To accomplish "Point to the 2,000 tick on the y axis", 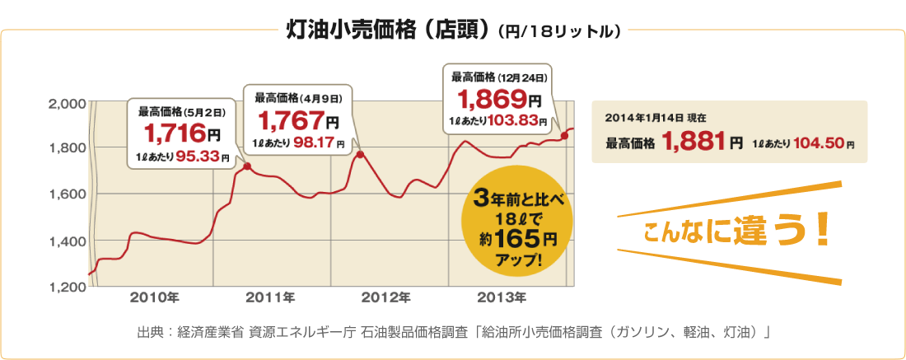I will coord(68,104).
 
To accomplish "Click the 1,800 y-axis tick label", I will coord(68,148).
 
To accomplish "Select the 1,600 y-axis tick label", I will coord(68,194).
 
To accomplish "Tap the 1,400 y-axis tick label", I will coord(68,241).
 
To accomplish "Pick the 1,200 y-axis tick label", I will coord(68,287).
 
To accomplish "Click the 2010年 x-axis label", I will coord(154,297).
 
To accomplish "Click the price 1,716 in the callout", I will coord(175,133).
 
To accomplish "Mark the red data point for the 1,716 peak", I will coord(248,167).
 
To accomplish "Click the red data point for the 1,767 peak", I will coord(360,154).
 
